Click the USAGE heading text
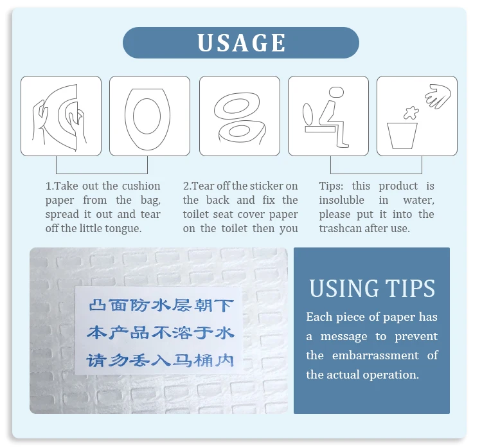click(241, 42)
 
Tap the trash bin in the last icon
click(402, 136)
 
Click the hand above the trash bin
click(438, 96)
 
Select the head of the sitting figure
click(336, 92)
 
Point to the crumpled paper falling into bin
click(411, 113)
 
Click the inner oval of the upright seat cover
click(147, 116)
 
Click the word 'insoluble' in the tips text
click(341, 200)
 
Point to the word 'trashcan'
click(340, 228)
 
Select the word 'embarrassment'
click(375, 355)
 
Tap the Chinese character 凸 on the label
click(97, 305)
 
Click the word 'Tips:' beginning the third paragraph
click(331, 186)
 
